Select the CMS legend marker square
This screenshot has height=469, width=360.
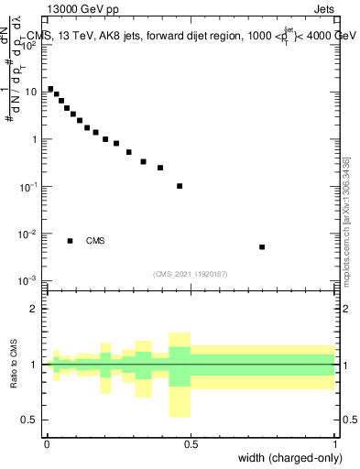pos(71,241)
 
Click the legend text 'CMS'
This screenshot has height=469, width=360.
pos(95,241)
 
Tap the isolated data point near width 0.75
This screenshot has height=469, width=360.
pos(262,246)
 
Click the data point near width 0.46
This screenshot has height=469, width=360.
pos(180,186)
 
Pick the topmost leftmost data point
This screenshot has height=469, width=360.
pos(50,89)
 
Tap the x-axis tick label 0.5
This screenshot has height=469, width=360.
pos(191,444)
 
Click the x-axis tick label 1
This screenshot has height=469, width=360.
pos(334,444)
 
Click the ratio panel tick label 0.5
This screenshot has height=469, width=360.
pos(29,420)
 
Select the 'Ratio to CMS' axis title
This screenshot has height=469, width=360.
pos(13,365)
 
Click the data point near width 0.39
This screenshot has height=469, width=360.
pos(160,168)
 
